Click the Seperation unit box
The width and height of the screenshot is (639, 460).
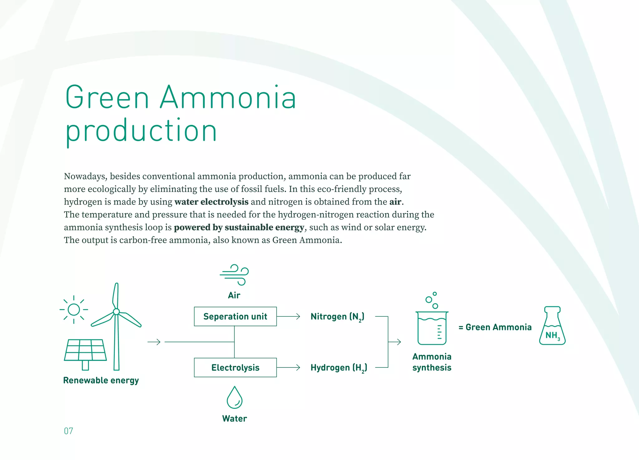click(235, 316)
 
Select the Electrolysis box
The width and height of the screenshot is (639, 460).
click(235, 367)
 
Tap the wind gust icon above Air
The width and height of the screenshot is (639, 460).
click(234, 275)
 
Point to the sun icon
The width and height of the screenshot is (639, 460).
click(74, 309)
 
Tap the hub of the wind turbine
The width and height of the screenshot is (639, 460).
click(116, 311)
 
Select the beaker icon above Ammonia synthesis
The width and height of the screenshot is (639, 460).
click(432, 327)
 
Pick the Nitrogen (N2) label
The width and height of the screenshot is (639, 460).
click(337, 317)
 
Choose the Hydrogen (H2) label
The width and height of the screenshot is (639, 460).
click(339, 368)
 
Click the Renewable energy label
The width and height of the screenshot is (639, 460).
click(101, 381)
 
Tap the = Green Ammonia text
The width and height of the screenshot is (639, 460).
click(495, 327)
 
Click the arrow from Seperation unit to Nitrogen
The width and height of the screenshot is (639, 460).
click(288, 316)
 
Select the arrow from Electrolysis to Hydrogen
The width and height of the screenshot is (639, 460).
click(288, 367)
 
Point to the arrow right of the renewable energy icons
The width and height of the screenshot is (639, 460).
click(154, 342)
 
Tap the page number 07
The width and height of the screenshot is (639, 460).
click(69, 431)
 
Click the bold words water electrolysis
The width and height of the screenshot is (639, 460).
click(211, 202)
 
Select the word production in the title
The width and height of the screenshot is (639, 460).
click(141, 131)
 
